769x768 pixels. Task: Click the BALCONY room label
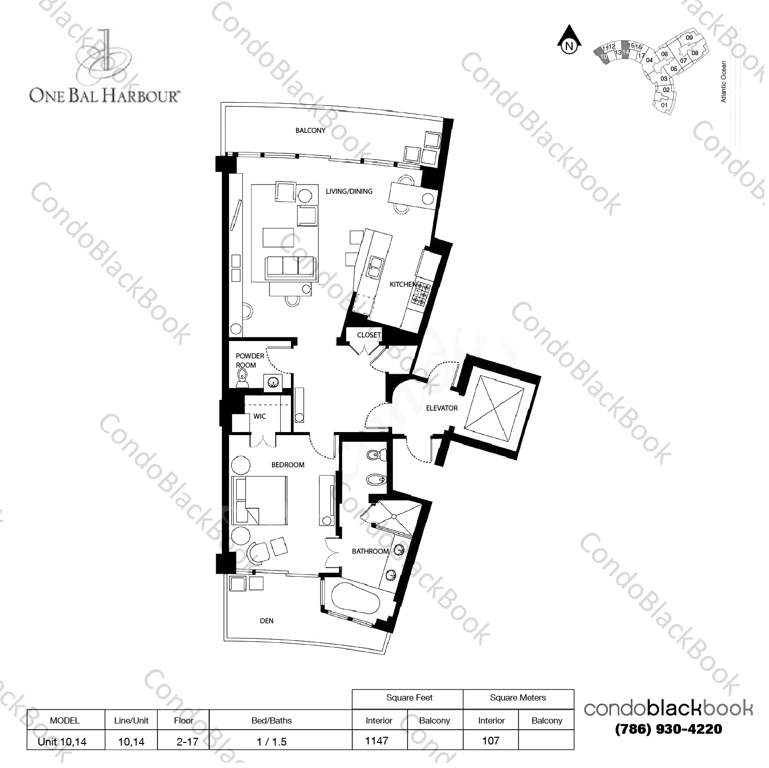[x=310, y=130]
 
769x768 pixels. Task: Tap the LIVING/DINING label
[x=349, y=191]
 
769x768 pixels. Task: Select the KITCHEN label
[x=403, y=284]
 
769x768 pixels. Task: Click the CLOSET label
[x=369, y=335]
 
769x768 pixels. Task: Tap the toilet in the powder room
[x=242, y=379]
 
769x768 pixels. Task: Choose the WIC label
[x=260, y=416]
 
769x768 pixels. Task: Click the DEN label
[x=267, y=621]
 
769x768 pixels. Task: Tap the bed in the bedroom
[x=259, y=500]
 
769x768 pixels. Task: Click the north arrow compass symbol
[x=569, y=40]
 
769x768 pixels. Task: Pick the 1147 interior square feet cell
[x=377, y=740]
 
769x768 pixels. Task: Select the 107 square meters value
[x=490, y=740]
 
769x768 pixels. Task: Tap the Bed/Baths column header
[x=272, y=720]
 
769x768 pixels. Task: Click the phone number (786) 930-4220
[x=669, y=729]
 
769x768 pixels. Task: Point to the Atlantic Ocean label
[x=723, y=82]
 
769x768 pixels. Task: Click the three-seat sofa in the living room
[x=290, y=267]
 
